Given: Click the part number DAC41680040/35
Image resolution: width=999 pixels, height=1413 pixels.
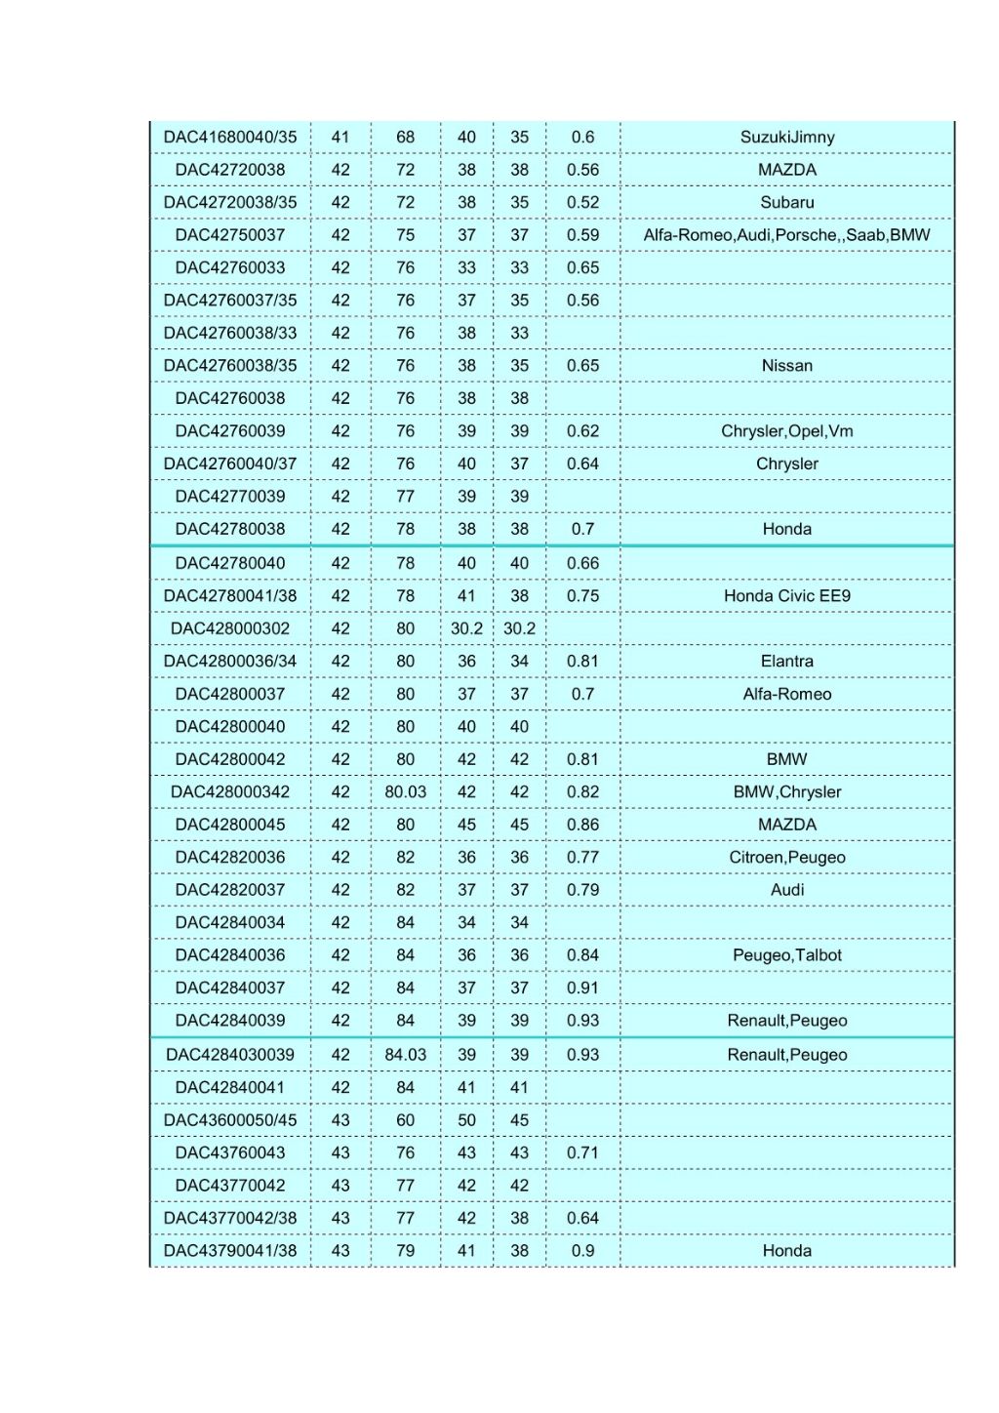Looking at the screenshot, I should pos(230,138).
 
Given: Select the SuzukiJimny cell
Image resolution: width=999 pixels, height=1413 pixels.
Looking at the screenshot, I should pos(786,138).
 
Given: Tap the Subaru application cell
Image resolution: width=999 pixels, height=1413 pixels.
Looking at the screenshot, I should pos(786,203).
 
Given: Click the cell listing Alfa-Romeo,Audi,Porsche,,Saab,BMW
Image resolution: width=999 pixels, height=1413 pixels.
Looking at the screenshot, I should pos(786,235).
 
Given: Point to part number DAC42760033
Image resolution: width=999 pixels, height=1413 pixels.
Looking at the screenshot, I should pos(230,268).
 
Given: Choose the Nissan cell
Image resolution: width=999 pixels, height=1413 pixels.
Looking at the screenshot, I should pos(786,366).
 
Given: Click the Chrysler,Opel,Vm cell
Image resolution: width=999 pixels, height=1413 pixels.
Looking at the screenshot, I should pos(786,431).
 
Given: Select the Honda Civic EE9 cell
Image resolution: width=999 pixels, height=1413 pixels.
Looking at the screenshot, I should pos(786,596).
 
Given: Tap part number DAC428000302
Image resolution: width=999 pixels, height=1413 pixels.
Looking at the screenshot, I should pos(230,628).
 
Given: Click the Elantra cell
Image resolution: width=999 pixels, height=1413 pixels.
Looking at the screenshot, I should pos(786,662).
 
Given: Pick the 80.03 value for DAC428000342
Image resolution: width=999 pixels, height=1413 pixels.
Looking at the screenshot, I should pos(405,792).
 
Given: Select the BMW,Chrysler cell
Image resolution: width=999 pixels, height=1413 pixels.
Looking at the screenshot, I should pos(786,792).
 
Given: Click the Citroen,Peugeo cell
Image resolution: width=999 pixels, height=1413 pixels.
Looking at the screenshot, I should pos(786,858).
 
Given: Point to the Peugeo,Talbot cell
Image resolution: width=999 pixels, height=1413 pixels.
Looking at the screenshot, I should pos(786,955).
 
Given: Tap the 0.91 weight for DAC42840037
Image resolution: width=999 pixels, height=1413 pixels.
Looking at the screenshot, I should pos(582,989).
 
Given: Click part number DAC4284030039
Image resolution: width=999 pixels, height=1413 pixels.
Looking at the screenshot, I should pos(230,1055).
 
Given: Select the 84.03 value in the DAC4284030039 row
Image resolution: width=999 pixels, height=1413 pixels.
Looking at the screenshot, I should pos(405,1055).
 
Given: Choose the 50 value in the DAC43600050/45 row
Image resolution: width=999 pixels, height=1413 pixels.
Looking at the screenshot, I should pos(466,1120).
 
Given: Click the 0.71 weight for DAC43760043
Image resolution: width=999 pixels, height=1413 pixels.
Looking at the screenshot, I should pos(582,1153).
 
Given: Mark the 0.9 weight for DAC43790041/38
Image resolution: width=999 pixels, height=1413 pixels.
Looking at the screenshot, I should pos(582,1251).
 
